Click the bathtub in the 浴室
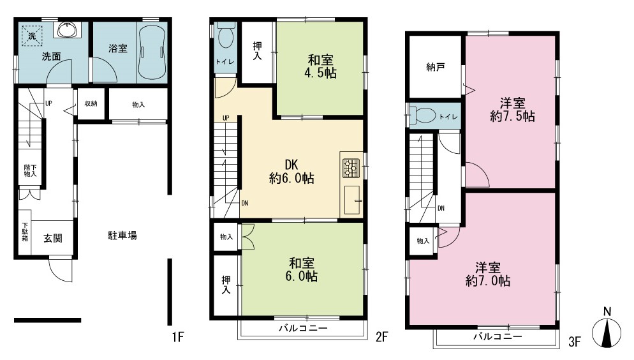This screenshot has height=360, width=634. pyautogui.click(x=152, y=52)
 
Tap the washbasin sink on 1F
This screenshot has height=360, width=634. pyautogui.click(x=68, y=29)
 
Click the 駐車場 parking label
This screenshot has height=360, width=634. pyautogui.click(x=122, y=236)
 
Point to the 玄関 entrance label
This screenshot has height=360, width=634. pyautogui.click(x=53, y=238)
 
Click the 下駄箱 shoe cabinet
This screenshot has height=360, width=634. pyautogui.click(x=25, y=232)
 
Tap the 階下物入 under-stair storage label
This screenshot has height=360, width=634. pyautogui.click(x=31, y=170)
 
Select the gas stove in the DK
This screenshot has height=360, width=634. pyautogui.click(x=351, y=169)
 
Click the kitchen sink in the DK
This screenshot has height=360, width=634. pyautogui.click(x=353, y=200)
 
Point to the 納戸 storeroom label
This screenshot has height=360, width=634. pyautogui.click(x=436, y=67)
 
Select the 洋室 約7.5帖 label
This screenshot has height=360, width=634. pyautogui.click(x=513, y=110)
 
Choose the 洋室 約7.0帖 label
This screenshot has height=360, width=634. pyautogui.click(x=488, y=274)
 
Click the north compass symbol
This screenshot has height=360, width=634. pyautogui.click(x=607, y=328)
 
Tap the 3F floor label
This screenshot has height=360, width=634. pyautogui.click(x=574, y=341)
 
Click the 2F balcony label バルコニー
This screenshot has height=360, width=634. pyautogui.click(x=303, y=328)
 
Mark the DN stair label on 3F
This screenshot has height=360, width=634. pyautogui.click(x=441, y=208)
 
